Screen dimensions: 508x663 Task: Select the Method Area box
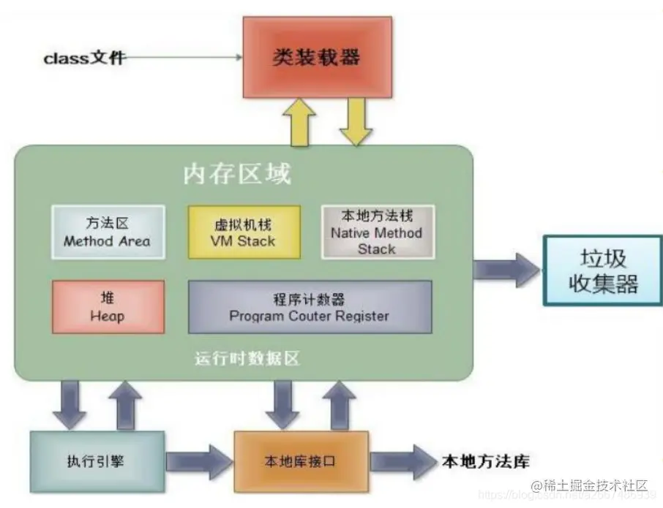pos(107,231)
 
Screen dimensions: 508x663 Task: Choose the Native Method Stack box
pos(377,232)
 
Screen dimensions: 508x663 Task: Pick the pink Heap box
pos(107,307)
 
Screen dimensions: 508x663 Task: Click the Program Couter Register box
pos(309,307)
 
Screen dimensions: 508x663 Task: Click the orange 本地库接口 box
pos(301,462)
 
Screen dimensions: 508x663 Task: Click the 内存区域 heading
pos(237,175)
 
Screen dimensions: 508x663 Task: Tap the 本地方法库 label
pos(484,461)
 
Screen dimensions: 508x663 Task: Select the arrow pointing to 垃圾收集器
pos(506,270)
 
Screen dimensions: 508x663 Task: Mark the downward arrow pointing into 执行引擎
pos(70,405)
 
